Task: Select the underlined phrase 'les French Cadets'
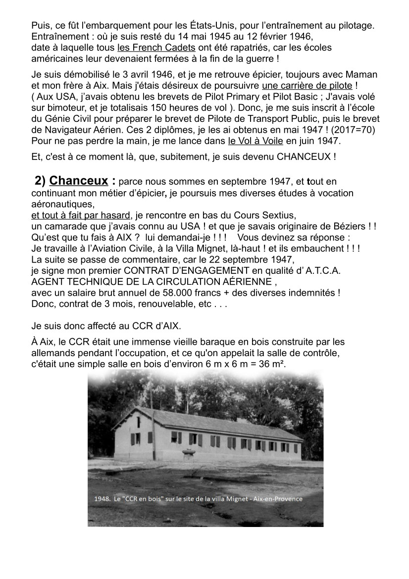(x=156, y=48)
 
